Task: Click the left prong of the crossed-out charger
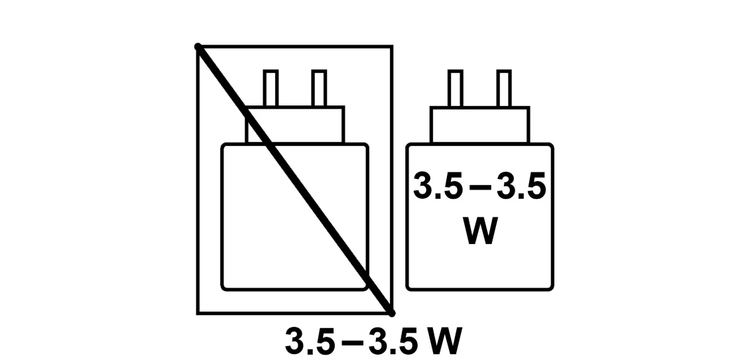click(x=271, y=88)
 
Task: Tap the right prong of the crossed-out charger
click(x=319, y=88)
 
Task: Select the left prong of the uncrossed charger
click(x=456, y=88)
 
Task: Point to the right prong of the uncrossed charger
click(x=504, y=88)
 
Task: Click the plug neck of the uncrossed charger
click(x=480, y=125)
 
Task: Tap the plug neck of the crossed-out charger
click(x=295, y=125)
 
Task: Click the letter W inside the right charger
click(x=480, y=231)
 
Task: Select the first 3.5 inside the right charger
click(x=438, y=186)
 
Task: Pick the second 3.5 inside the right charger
click(x=521, y=186)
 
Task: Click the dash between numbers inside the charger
click(x=480, y=188)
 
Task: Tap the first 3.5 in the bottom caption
click(x=310, y=341)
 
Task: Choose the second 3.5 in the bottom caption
click(x=393, y=341)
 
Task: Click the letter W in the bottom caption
click(x=444, y=341)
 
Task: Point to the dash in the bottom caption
click(x=352, y=342)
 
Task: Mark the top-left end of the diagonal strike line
click(x=198, y=46)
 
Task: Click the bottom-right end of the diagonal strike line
click(x=391, y=313)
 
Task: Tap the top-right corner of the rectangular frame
click(x=392, y=46)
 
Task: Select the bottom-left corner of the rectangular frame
click(x=198, y=314)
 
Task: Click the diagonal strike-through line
click(x=295, y=180)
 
